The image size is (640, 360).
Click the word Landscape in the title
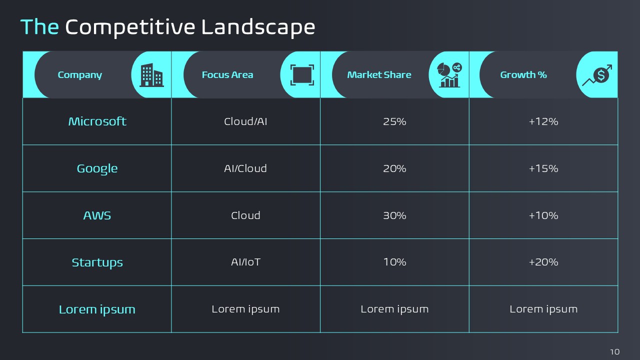point(258,27)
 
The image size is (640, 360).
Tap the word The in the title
point(39,27)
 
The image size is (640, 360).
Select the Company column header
point(79,75)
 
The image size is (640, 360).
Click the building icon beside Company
point(151,75)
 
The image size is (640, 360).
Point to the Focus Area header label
point(227,75)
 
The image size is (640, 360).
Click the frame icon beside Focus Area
point(302,75)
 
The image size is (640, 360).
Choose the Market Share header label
point(379,75)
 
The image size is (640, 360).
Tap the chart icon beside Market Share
point(449,75)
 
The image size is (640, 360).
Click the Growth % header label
point(523,75)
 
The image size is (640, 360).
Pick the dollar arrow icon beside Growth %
point(597,75)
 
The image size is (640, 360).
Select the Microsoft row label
point(97,121)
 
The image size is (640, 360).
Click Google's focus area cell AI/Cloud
point(245,168)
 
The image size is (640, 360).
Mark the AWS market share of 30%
point(394,215)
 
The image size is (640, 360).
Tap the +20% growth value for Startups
point(543,262)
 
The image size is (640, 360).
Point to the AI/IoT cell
point(245,262)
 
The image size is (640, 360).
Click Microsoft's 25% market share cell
point(394,121)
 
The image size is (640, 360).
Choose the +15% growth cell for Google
point(543,168)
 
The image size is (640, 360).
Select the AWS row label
point(97,215)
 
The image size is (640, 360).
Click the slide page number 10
point(615,351)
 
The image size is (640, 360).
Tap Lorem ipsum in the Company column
point(97,309)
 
